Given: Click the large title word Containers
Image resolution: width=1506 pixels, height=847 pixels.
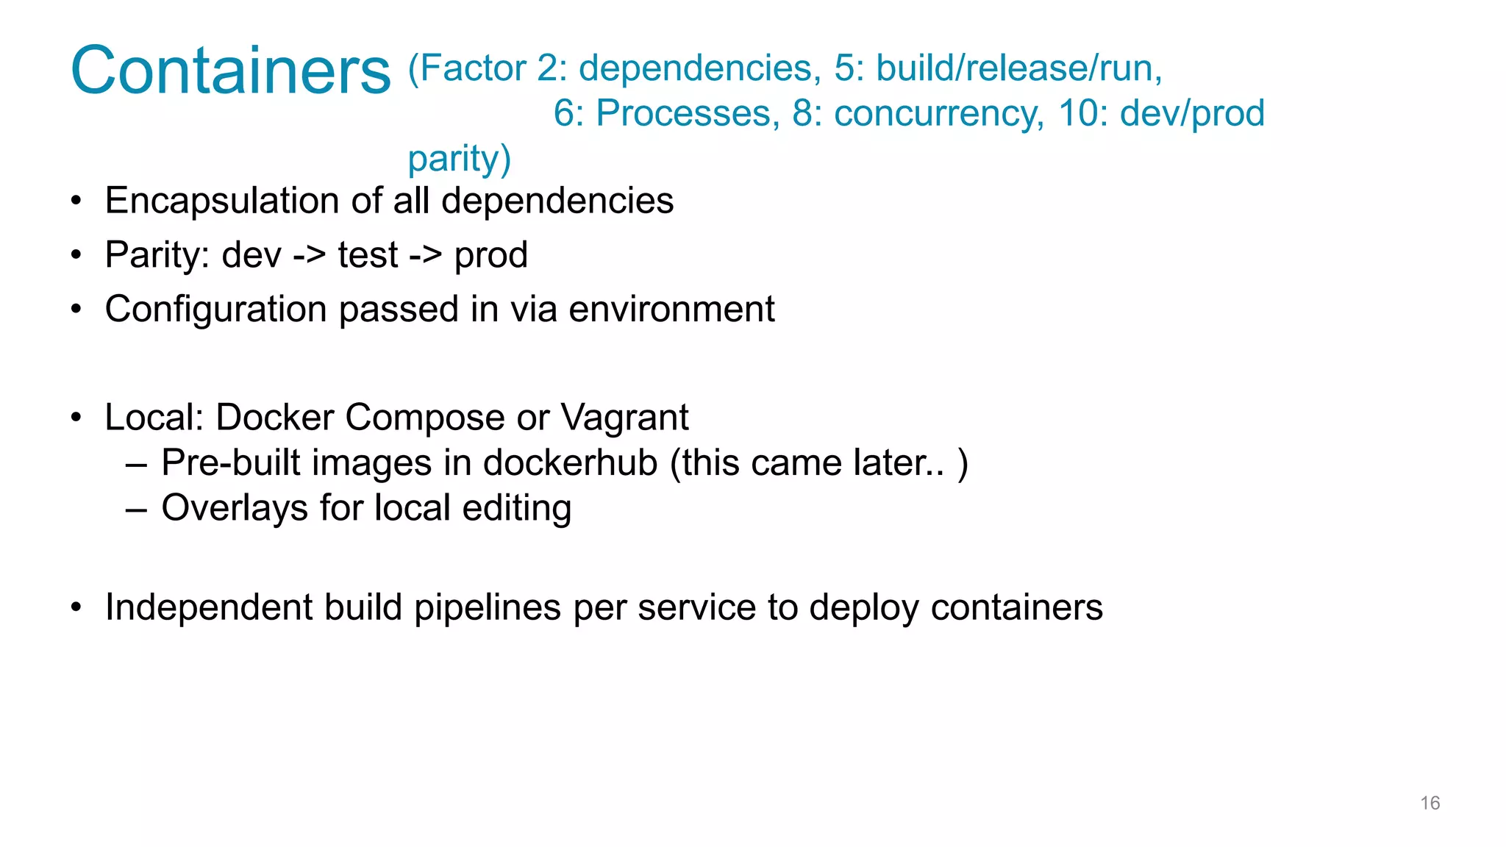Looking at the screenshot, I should (x=230, y=71).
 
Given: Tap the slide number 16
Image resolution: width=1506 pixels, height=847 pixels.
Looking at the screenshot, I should (x=1430, y=803).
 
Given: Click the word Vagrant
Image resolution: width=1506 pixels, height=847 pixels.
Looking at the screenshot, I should (x=624, y=418).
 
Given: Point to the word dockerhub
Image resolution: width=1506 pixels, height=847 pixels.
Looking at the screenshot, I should (x=570, y=463).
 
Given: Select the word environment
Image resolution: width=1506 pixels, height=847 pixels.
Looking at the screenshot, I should (x=671, y=309).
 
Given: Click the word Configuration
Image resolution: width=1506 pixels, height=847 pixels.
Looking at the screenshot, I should (x=215, y=310).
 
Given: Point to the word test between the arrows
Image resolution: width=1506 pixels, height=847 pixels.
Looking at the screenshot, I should (x=368, y=256).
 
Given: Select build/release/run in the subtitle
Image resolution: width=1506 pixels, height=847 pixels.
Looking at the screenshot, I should (x=1018, y=68).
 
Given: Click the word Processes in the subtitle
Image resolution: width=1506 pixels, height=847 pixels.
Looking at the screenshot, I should (x=687, y=114).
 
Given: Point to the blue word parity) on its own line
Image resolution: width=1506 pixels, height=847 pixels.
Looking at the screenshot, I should (x=459, y=159).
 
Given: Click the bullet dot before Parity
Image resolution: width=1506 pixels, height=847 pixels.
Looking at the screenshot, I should (x=76, y=256).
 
